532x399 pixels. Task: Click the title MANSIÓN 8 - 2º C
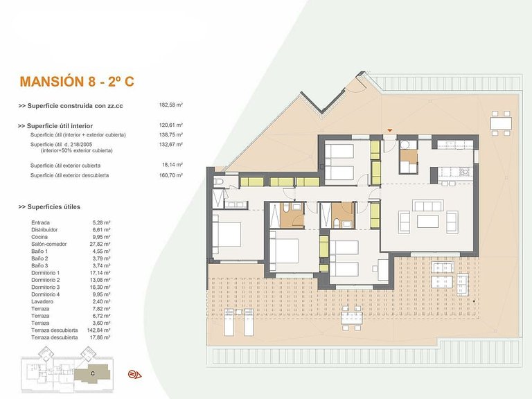(x=77, y=82)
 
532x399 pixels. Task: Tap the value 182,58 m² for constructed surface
(x=171, y=105)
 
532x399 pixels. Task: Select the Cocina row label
(x=39, y=237)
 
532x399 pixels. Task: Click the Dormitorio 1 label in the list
(x=46, y=273)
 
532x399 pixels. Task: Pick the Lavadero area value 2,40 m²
(x=101, y=301)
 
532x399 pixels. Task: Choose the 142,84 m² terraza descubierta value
(x=99, y=330)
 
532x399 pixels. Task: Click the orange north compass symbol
(x=134, y=374)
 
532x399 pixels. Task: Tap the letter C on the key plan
(x=93, y=373)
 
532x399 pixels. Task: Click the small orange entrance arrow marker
(x=390, y=130)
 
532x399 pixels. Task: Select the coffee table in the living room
(x=428, y=221)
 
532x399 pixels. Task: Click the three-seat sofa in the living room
(x=428, y=206)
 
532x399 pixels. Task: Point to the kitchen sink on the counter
(x=465, y=172)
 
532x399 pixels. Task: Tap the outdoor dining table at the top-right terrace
(x=501, y=123)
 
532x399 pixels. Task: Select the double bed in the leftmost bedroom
(x=227, y=234)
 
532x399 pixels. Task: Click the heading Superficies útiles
(x=50, y=206)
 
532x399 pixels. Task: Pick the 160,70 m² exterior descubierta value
(x=171, y=175)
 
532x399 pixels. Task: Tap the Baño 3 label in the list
(x=39, y=266)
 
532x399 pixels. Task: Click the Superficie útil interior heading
(x=55, y=126)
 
